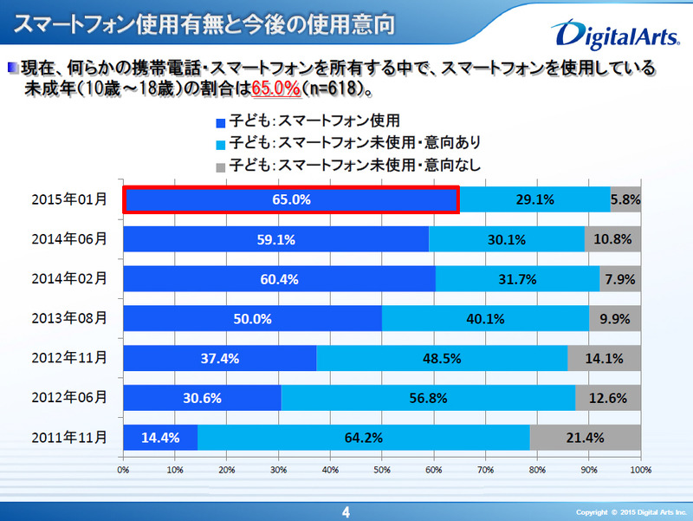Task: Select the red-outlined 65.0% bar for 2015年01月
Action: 290,199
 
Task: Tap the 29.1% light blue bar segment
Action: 534,199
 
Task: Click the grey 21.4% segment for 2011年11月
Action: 585,438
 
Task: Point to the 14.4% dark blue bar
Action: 160,438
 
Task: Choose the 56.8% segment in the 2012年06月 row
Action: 429,398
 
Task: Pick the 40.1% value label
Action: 485,318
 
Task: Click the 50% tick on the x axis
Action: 381,469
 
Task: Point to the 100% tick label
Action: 639,469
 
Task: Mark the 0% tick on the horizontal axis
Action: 124,469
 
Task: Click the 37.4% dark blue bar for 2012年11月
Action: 220,358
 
